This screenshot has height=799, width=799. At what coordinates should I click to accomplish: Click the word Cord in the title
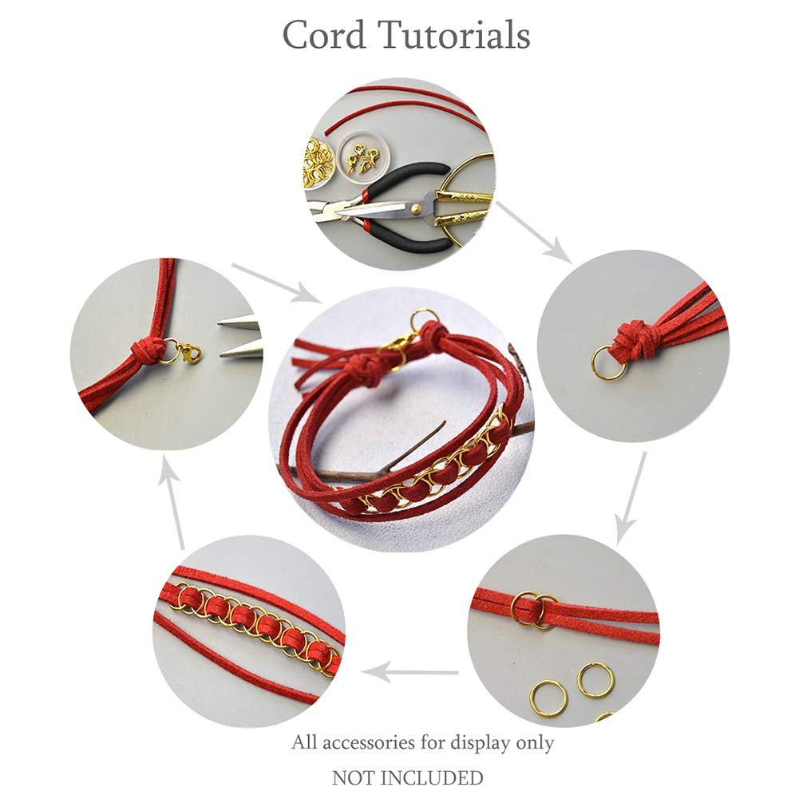click(x=324, y=35)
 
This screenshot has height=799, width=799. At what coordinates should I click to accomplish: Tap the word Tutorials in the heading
click(x=454, y=35)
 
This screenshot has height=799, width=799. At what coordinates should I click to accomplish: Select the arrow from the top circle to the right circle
click(x=533, y=232)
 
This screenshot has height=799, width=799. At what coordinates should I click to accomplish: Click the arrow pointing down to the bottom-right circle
click(x=631, y=498)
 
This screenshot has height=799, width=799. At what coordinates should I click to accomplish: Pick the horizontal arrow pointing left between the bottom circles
click(x=410, y=672)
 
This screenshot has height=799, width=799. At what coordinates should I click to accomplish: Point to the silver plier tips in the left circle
click(x=240, y=338)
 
